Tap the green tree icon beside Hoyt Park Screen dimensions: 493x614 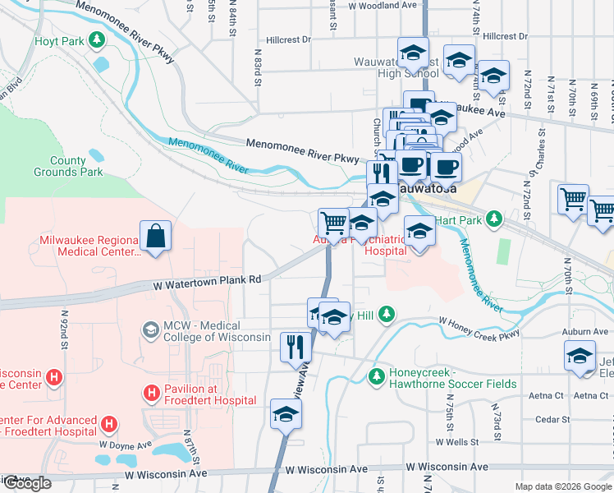click(x=97, y=39)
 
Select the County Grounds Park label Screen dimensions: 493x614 click(x=68, y=167)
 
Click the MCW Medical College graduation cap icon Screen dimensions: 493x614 click(x=150, y=330)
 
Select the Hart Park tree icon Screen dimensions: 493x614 click(x=493, y=219)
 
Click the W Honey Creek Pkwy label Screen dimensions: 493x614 click(x=479, y=326)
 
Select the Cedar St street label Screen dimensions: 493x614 click(x=552, y=419)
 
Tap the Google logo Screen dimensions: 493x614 click(x=26, y=483)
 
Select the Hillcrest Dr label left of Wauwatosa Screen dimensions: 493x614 click(x=289, y=39)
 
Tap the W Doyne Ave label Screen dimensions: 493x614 click(x=126, y=445)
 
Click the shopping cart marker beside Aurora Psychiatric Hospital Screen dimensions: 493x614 click(x=333, y=221)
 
